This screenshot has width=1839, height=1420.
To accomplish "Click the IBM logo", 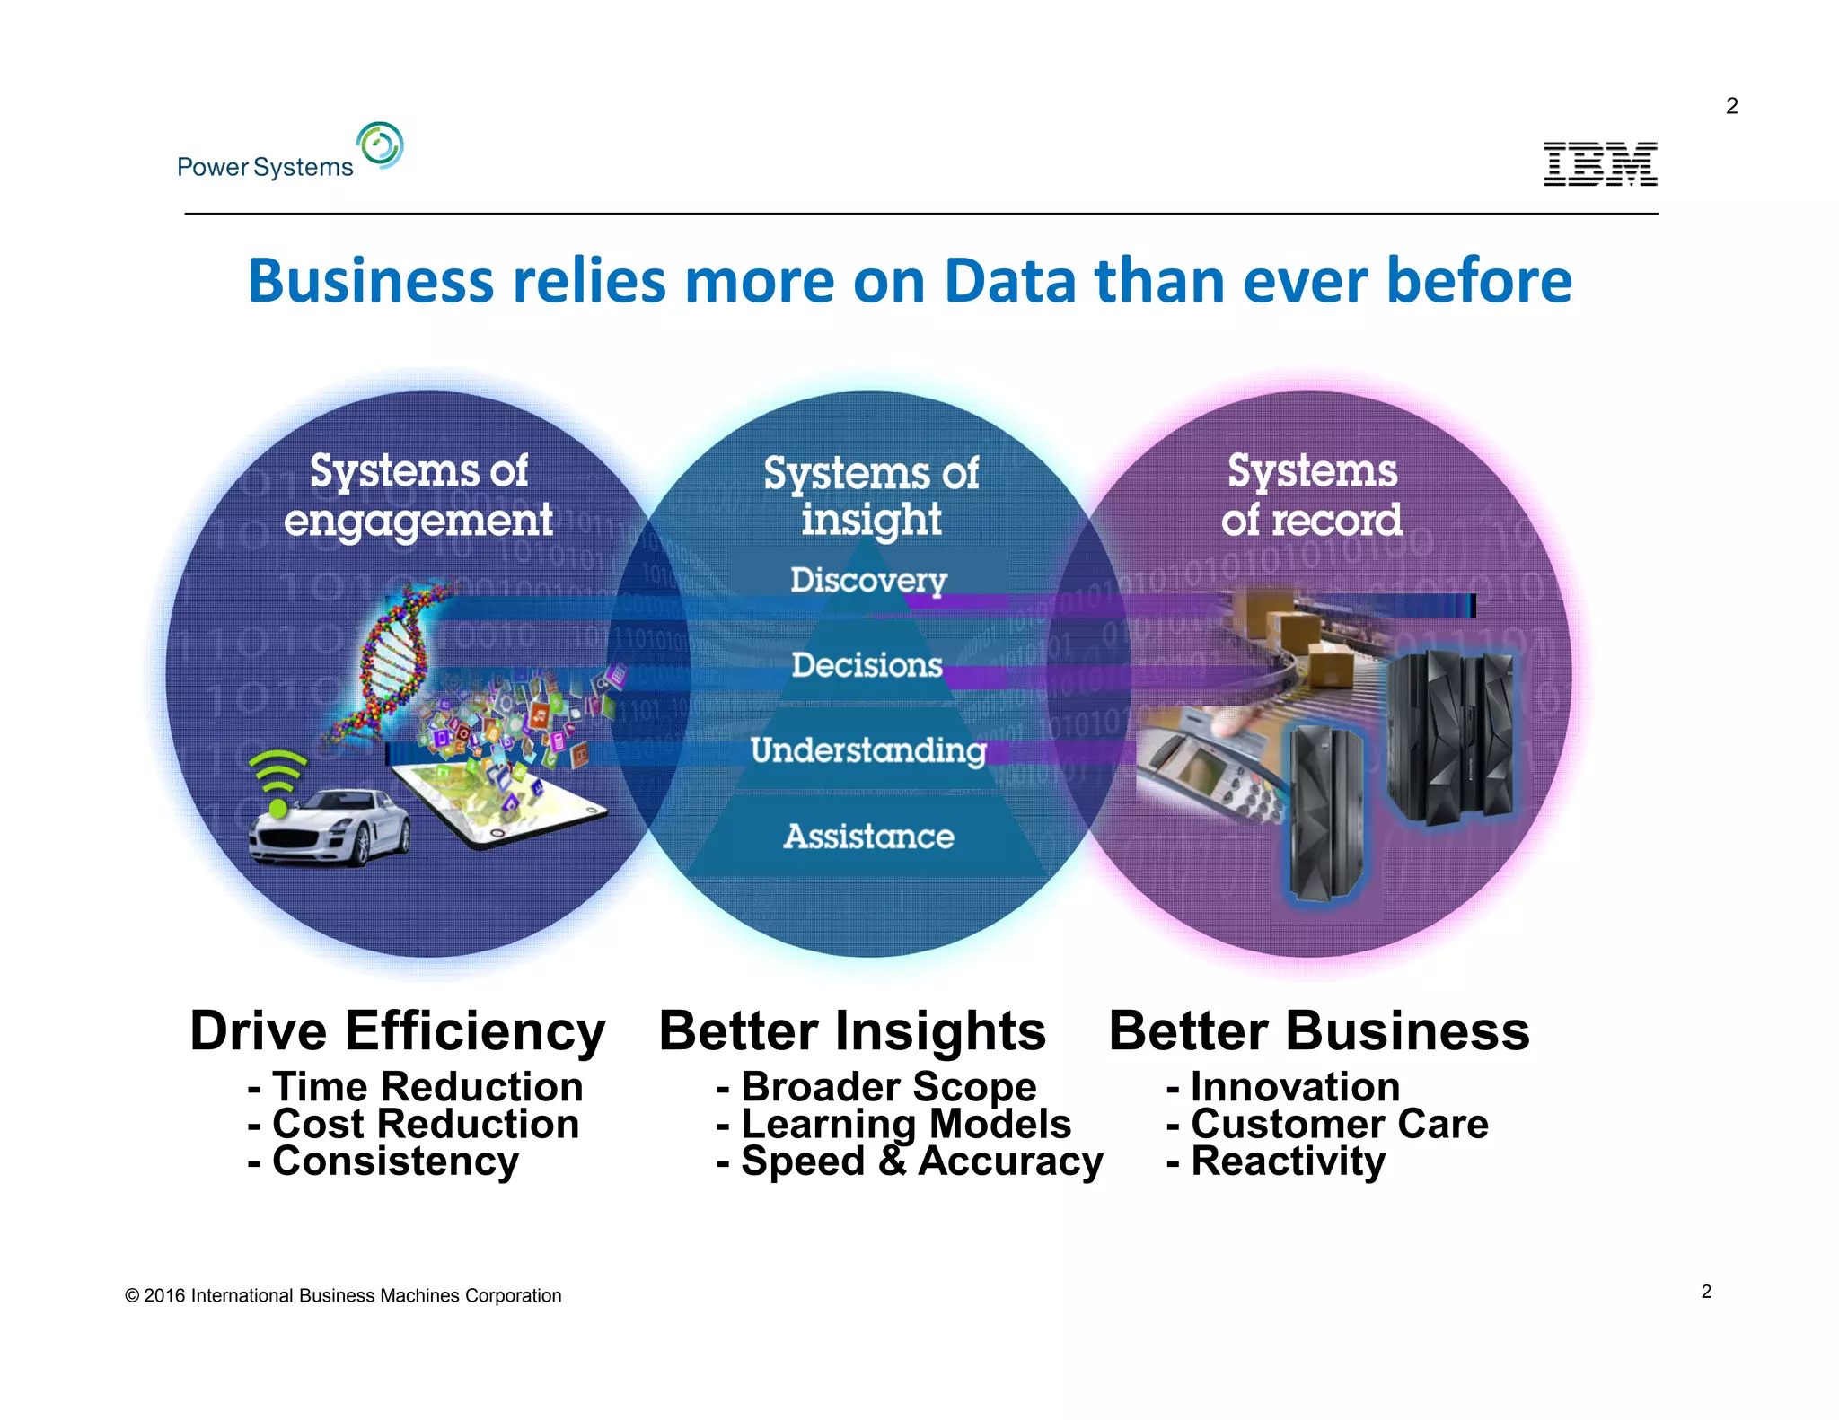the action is point(1600,164).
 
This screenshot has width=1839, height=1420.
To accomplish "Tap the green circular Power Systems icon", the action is point(380,145).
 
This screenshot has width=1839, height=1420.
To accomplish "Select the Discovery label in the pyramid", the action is point(868,580).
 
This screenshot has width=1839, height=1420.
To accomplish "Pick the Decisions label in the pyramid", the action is point(867,665).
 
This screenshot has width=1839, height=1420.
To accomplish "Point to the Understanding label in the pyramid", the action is point(868,750).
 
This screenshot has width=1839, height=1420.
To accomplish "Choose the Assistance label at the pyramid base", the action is point(868,837).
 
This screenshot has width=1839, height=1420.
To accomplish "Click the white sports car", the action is point(329,827).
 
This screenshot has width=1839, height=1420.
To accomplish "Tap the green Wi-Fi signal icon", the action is point(277,779).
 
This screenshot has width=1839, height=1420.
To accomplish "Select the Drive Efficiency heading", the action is point(398,1030).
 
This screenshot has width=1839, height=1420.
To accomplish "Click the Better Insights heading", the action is point(852,1030).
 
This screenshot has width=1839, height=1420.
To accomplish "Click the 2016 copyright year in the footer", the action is point(164,1295).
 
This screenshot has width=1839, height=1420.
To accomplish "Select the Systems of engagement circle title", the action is point(418,495).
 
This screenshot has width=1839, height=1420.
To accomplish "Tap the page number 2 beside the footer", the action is point(1706,1292).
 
